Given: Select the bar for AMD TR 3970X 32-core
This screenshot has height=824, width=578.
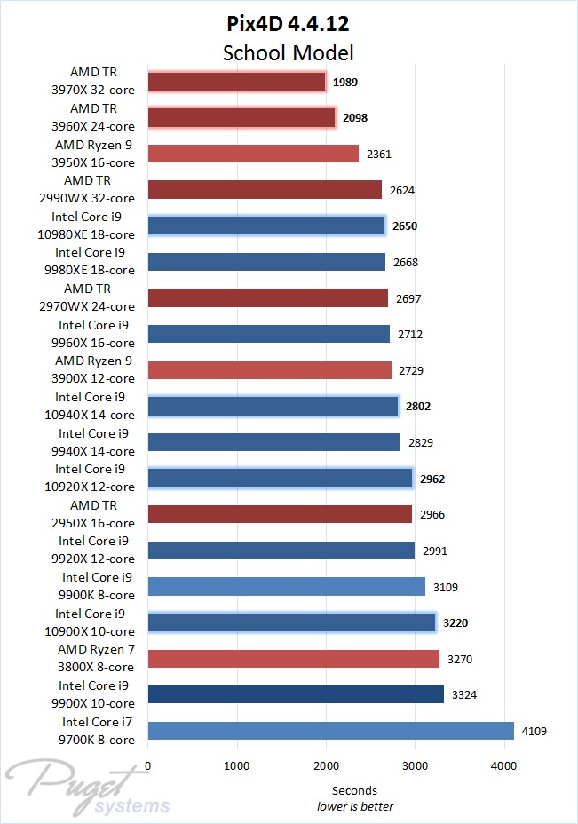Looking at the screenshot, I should pos(237,82).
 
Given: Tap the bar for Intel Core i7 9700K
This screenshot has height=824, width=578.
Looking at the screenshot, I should pos(330,730).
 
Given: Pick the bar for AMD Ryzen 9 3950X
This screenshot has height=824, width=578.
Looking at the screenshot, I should pos(253,154).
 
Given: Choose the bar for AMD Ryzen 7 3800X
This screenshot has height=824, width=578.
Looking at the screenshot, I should pos(293,658).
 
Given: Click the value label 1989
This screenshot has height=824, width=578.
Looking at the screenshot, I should pos(345,83).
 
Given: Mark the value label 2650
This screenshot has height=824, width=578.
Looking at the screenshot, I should pos(404,226).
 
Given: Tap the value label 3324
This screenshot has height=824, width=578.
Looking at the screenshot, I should pos(464,694).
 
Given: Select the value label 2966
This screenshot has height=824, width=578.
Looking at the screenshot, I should pos(432,514).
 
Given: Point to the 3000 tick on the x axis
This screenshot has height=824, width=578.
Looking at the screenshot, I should pos(415,765).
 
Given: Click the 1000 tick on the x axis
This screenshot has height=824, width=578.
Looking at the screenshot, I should pos(237,765).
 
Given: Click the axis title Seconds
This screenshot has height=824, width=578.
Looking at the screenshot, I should pos(354,790).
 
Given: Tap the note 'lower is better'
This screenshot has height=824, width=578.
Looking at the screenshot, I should pos(355,806).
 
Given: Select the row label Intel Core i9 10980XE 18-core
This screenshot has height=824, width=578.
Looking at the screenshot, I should pos(94,226).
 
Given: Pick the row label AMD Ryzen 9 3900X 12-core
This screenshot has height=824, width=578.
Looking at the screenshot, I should pos(94,370).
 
